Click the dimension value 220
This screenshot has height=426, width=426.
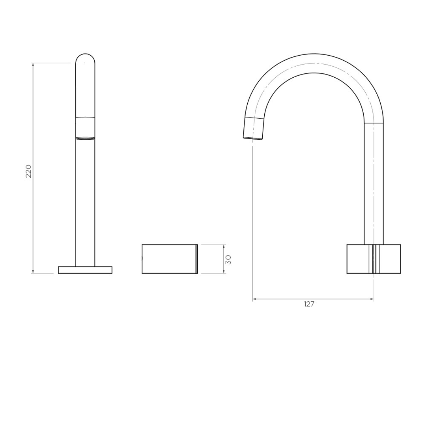[x=28, y=171]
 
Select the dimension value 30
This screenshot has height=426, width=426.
[x=228, y=259]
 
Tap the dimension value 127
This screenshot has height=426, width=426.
[x=309, y=304]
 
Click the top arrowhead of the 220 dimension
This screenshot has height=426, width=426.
[x=33, y=65]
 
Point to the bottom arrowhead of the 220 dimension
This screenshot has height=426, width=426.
[x=33, y=271]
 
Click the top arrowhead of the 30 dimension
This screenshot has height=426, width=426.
[x=224, y=246]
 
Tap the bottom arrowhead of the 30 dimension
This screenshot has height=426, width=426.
[x=224, y=271]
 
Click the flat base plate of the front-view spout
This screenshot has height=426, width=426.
[x=85, y=270]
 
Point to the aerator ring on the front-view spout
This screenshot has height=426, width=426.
[x=85, y=138]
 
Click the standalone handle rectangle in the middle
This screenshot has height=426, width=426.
[x=169, y=259]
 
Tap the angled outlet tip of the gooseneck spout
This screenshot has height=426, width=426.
[x=254, y=129]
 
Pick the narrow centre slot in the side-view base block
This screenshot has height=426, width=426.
[x=374, y=259]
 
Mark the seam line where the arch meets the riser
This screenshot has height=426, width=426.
[x=374, y=123]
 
